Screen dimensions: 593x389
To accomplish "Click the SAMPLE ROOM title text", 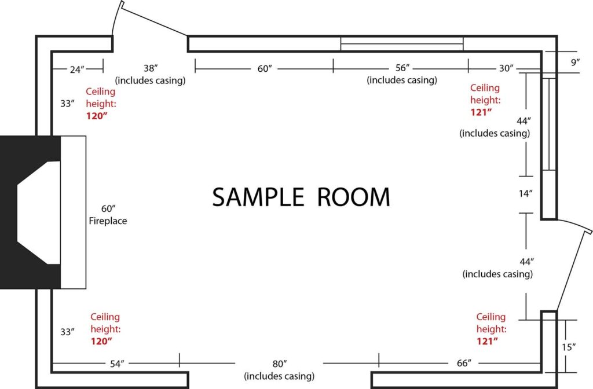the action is click(x=301, y=197).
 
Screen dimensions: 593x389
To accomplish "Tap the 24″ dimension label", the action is click(x=77, y=69).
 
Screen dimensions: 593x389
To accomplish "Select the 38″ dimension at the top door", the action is click(x=151, y=68).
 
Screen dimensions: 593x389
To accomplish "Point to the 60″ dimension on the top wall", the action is click(x=265, y=68).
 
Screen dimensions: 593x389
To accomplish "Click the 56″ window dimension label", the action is click(x=402, y=68).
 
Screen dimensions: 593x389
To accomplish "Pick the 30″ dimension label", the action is click(x=506, y=68).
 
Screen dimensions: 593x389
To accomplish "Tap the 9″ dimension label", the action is click(x=575, y=62).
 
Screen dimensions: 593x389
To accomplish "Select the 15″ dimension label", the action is click(x=569, y=347).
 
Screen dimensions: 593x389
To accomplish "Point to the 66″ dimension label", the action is click(x=464, y=363).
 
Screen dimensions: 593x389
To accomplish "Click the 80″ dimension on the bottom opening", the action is click(x=280, y=364).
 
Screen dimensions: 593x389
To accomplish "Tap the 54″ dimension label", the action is click(x=117, y=364).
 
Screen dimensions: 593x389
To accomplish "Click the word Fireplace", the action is click(x=108, y=221).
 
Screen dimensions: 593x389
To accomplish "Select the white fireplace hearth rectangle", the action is click(x=74, y=212).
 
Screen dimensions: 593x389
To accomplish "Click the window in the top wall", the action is click(x=402, y=44).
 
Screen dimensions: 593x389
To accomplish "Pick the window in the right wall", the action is click(x=549, y=124).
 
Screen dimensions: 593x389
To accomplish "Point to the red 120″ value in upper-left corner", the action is click(x=97, y=116).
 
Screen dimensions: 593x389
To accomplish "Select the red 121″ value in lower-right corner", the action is click(x=487, y=341).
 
